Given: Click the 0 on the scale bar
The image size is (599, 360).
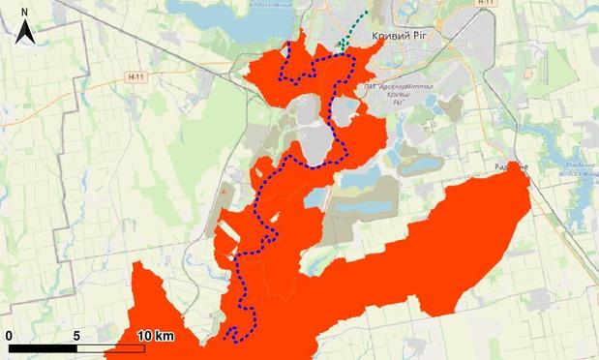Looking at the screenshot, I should click(x=8, y=335).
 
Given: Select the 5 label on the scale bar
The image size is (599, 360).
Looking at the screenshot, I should click(x=76, y=335).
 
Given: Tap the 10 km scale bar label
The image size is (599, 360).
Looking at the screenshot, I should click(x=155, y=335).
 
